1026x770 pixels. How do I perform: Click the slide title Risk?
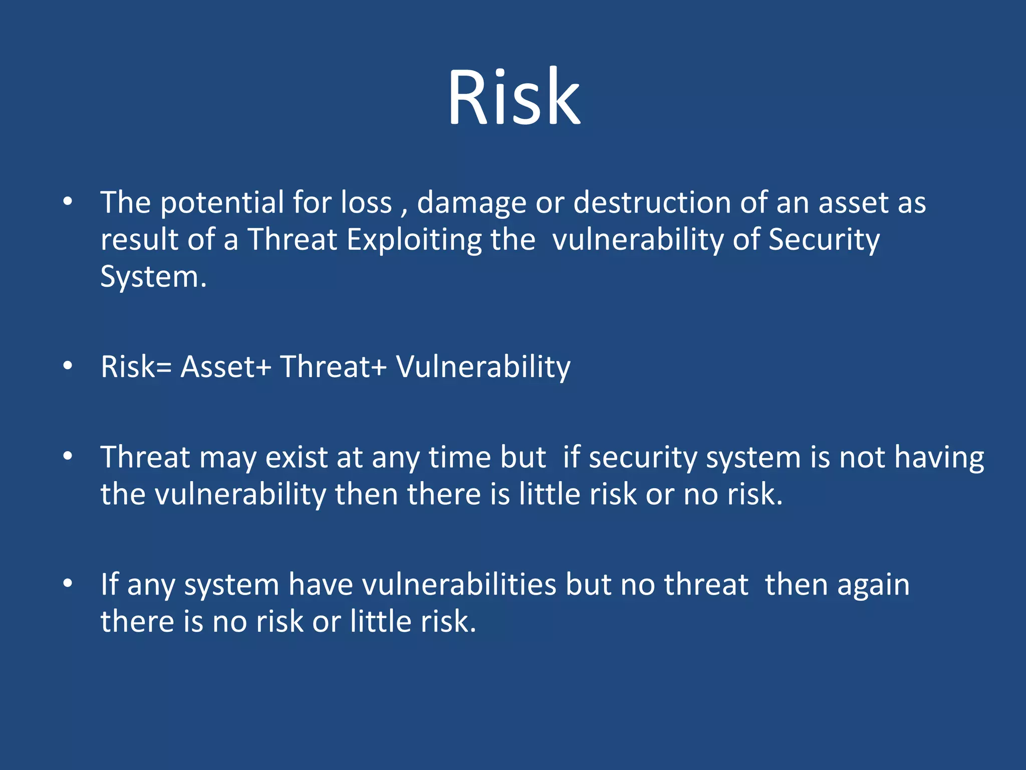tap(514, 96)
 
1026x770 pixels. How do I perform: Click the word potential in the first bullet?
tap(222, 203)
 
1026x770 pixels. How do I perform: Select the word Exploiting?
tap(414, 240)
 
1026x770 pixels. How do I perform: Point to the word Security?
tap(824, 240)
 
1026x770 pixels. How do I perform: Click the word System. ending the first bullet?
tap(153, 277)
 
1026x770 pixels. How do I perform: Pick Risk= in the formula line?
tap(136, 366)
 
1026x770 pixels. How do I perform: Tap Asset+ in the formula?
tap(225, 366)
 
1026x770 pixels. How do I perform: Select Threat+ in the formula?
tap(333, 366)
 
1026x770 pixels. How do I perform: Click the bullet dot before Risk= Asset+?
tap(68, 366)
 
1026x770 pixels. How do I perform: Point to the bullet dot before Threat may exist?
tap(68, 457)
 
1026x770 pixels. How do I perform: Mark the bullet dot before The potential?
tap(68, 202)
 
